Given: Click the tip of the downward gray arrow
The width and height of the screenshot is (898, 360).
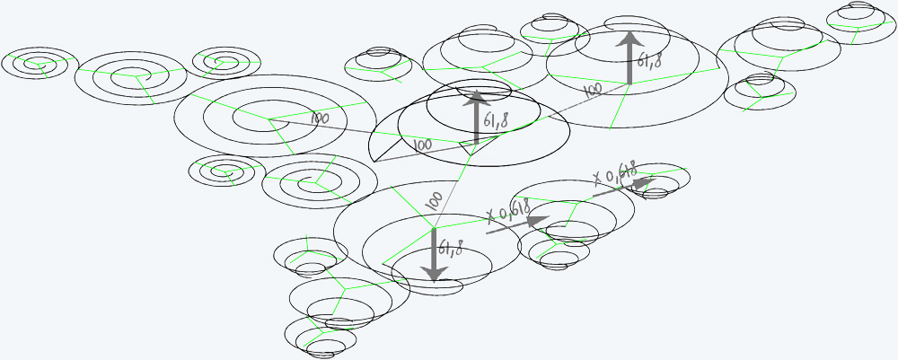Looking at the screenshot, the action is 434,282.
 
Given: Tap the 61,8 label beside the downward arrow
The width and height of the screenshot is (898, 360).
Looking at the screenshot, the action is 451,248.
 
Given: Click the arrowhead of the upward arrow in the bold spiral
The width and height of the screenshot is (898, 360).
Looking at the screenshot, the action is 476,97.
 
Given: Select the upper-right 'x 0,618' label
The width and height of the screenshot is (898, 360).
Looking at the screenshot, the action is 615,173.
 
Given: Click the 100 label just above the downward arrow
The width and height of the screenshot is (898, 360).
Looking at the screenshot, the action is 435,201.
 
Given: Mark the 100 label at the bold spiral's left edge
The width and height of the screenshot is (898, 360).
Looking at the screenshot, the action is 422,145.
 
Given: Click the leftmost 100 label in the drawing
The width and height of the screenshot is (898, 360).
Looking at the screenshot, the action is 321,119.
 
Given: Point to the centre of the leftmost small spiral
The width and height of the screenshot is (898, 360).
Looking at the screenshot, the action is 40,63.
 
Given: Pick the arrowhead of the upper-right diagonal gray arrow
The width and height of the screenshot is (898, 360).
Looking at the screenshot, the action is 644,183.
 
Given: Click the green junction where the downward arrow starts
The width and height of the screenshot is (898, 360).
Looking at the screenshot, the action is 434,228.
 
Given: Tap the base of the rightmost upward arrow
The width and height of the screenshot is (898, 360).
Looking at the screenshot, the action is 630,83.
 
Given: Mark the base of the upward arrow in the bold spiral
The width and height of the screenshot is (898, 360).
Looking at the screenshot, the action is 476,143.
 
